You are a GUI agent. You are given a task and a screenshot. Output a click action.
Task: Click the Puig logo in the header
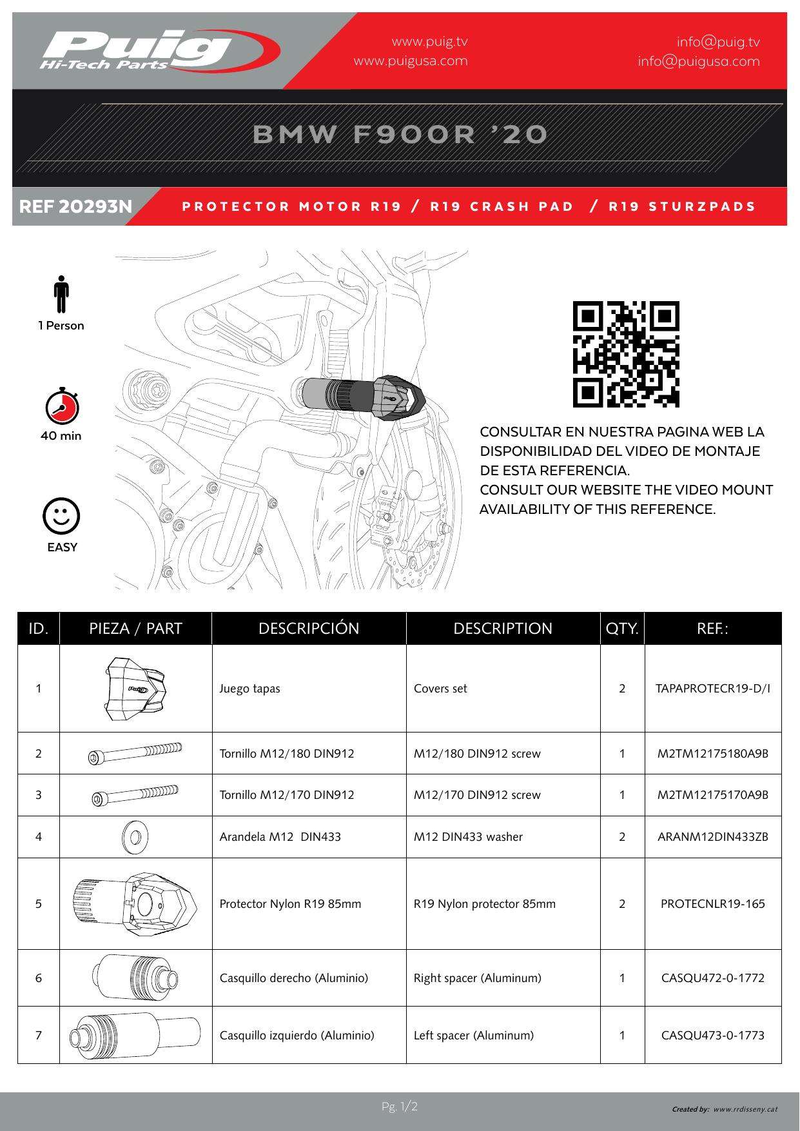[x=155, y=50]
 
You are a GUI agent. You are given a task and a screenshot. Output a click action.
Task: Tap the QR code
[x=626, y=354]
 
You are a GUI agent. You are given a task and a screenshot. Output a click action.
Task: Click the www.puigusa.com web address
[x=411, y=61]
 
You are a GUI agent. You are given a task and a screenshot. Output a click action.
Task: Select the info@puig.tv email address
[x=718, y=42]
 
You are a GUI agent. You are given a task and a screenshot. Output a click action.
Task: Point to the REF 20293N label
[x=76, y=206]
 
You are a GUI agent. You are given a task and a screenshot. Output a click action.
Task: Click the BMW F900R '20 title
[x=400, y=135]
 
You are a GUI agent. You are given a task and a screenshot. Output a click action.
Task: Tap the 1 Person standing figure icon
[x=61, y=295]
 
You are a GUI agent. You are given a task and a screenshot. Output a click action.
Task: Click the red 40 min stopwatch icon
[x=62, y=406]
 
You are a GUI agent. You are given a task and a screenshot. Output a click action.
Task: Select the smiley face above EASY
[x=61, y=516]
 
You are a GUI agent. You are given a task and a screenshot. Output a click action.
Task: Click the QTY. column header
[x=622, y=629]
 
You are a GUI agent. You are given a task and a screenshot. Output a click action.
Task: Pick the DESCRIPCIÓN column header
[x=309, y=629]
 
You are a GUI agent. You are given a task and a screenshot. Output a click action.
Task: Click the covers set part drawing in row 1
[x=135, y=688]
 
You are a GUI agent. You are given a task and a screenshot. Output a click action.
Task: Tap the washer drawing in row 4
[x=135, y=836]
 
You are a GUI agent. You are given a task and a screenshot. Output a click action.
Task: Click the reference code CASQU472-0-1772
[x=713, y=978]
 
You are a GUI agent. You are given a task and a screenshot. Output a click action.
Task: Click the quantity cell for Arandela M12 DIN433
[x=622, y=836]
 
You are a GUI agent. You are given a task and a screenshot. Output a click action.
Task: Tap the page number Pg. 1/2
[x=400, y=1107]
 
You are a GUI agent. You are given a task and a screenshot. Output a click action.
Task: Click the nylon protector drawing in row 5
[x=135, y=903]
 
